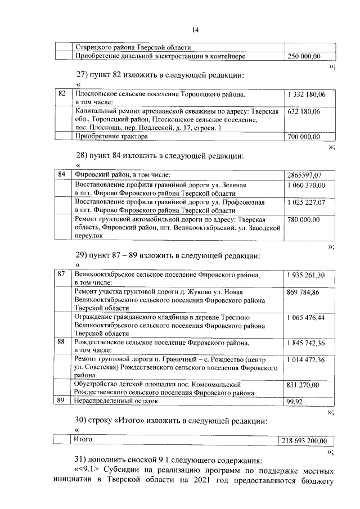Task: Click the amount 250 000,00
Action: pyautogui.click(x=304, y=56)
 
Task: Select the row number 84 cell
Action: pyautogui.click(x=62, y=174)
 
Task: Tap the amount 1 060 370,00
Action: pyautogui.click(x=306, y=184)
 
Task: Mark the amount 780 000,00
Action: pyautogui.click(x=304, y=219)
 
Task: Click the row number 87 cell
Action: pyautogui.click(x=62, y=274)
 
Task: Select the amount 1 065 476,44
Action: pyautogui.click(x=306, y=318)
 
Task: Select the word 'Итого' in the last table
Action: pyautogui.click(x=83, y=439)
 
